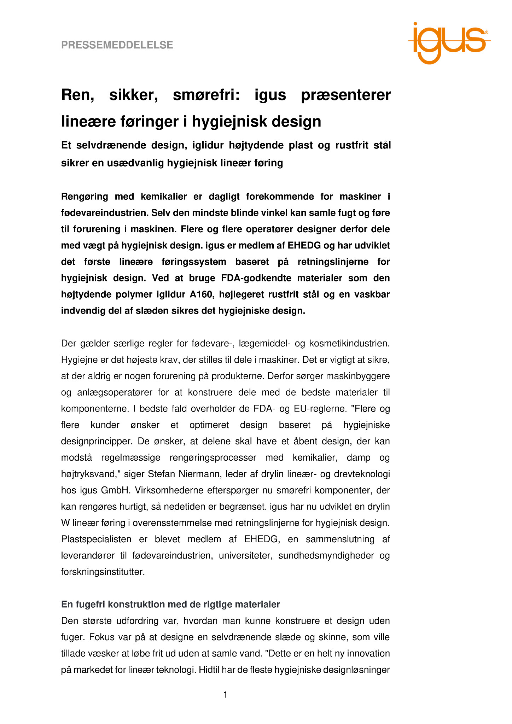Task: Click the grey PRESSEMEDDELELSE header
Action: coord(117,45)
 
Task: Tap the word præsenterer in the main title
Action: coord(346,95)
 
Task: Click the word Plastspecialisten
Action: coord(96,539)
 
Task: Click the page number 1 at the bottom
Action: coord(226,695)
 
